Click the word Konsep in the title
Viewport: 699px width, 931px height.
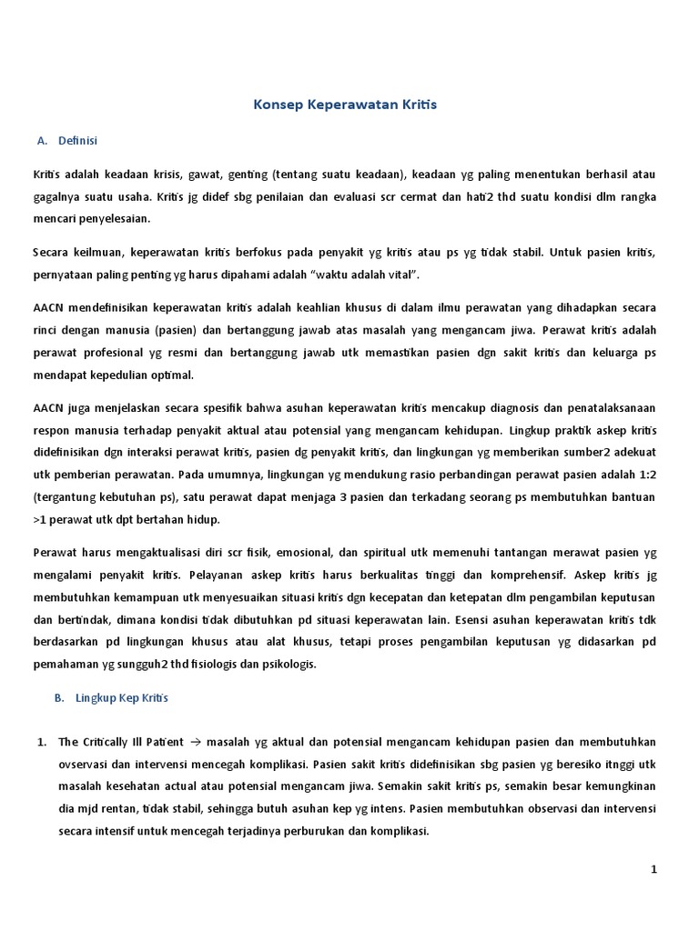274,105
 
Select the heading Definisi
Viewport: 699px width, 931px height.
78,141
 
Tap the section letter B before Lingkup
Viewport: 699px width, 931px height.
58,698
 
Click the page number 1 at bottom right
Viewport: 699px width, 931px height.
653,869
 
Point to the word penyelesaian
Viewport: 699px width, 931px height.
112,219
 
